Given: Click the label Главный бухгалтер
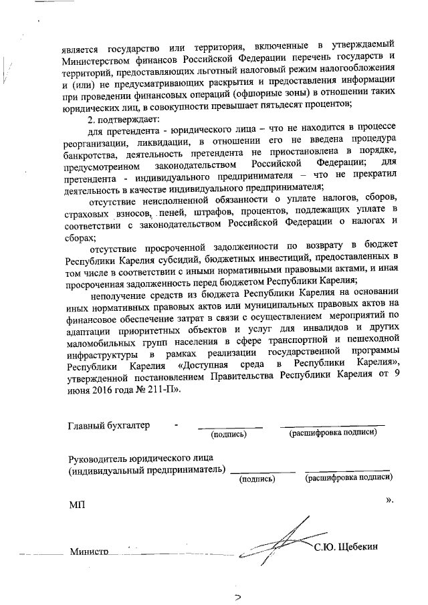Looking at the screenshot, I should (109, 425).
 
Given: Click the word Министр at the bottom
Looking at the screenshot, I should (88, 552).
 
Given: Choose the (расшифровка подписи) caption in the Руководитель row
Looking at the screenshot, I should (348, 478).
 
